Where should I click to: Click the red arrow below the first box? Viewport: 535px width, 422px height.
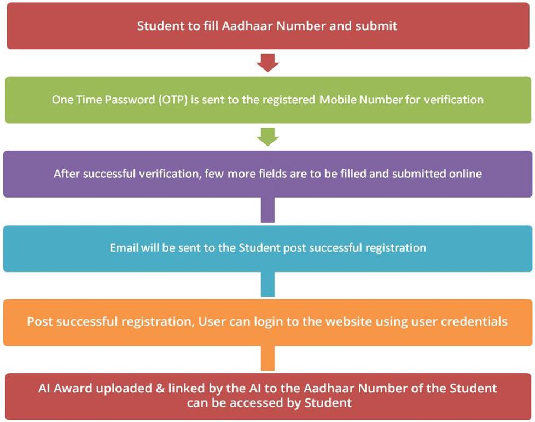point(268,62)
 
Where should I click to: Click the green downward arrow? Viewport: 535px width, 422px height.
point(268,137)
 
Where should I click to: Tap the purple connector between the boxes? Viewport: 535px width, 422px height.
point(268,210)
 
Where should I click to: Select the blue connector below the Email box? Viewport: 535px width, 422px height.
point(268,284)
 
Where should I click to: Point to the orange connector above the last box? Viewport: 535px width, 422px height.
point(268,358)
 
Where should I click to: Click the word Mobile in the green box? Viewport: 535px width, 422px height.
point(338,100)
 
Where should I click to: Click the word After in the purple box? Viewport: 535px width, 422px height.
point(67,174)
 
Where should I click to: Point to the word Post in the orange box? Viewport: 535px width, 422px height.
point(40,322)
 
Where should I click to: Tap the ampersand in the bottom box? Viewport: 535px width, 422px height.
point(160,389)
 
